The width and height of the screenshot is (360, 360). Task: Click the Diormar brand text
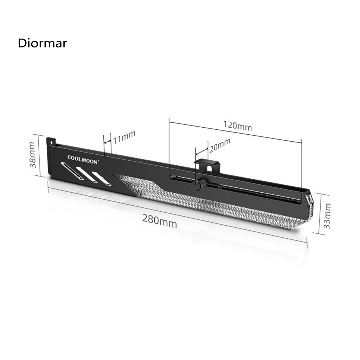pyautogui.click(x=43, y=43)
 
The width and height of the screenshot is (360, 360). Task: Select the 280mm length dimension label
pyautogui.click(x=160, y=221)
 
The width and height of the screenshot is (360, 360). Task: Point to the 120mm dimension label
pyautogui.click(x=238, y=126)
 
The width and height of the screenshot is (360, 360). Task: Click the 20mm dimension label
pyautogui.click(x=220, y=145)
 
